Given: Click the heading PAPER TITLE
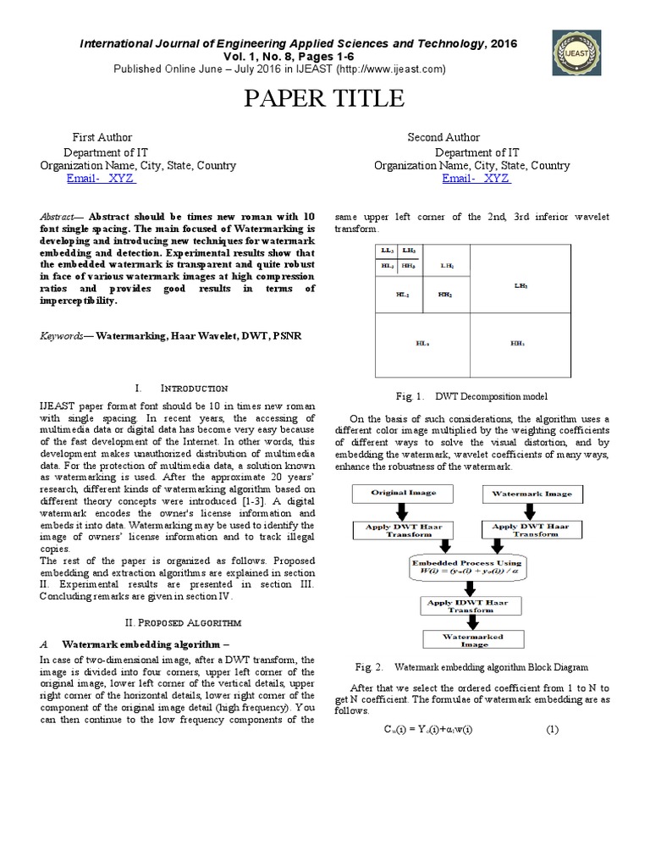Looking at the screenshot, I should pyautogui.click(x=324, y=99).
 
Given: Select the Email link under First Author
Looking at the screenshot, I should pyautogui.click(x=101, y=179).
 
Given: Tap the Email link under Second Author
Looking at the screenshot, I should pyautogui.click(x=476, y=179).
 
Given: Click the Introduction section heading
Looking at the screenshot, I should pyautogui.click(x=187, y=387).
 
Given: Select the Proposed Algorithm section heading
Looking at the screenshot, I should pyautogui.click(x=179, y=623).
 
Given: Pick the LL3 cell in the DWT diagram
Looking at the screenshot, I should pyautogui.click(x=387, y=251).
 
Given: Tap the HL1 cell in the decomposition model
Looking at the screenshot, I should pyautogui.click(x=422, y=344).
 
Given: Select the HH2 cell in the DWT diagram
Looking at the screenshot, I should pyautogui.click(x=445, y=295).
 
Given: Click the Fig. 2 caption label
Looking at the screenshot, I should pyautogui.click(x=364, y=667).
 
